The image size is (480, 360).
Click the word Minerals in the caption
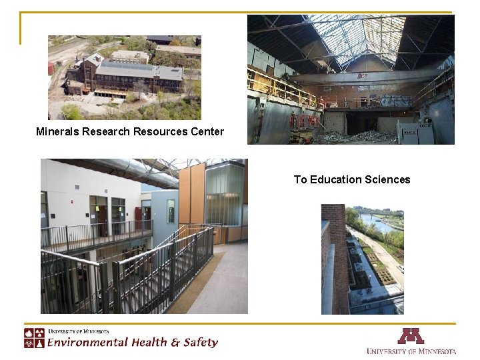tap(57, 131)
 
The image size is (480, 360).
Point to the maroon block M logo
tap(411, 336)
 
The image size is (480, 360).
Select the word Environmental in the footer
tap(87, 343)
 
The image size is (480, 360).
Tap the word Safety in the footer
tap(199, 343)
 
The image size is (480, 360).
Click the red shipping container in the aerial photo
tap(51, 69)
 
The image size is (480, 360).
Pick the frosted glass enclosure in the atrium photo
tap(225, 193)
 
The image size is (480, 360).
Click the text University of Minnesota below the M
tap(411, 351)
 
